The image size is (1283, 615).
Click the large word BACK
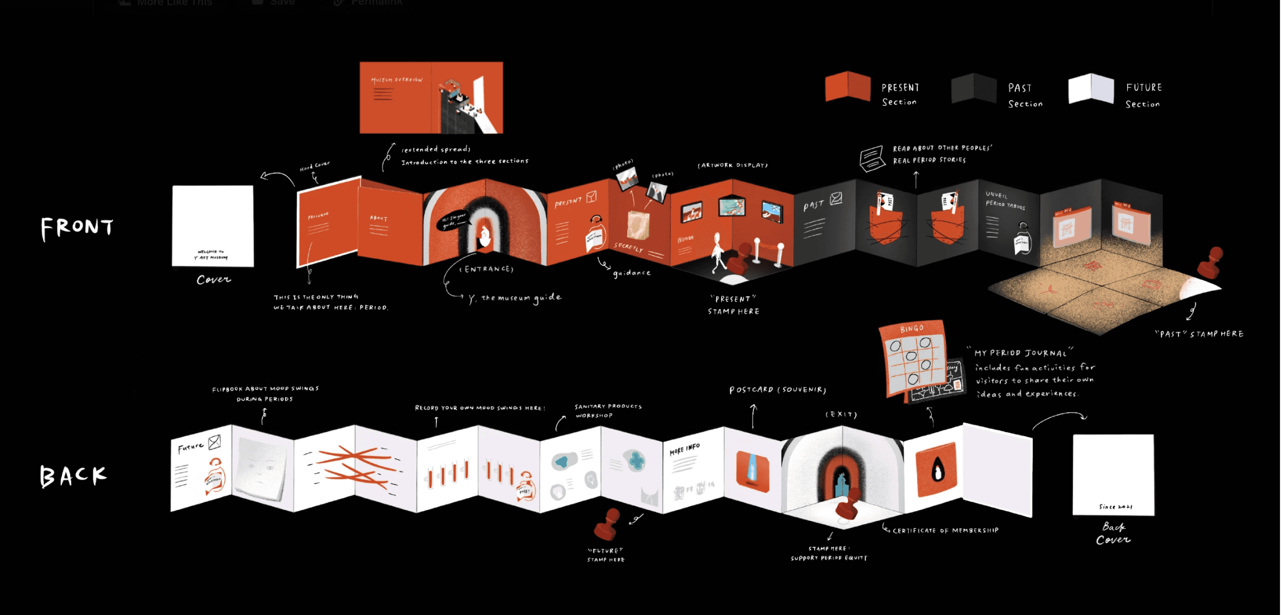click(73, 476)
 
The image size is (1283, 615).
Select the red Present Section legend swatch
click(847, 87)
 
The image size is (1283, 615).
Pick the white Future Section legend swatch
click(1091, 88)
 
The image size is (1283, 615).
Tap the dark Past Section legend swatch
click(973, 88)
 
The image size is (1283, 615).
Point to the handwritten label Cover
click(214, 279)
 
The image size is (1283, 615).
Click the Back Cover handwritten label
click(1113, 533)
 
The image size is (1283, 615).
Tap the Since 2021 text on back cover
click(1115, 506)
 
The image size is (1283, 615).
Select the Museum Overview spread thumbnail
click(431, 98)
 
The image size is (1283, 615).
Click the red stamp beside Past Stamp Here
click(1210, 263)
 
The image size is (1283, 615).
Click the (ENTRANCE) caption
click(486, 269)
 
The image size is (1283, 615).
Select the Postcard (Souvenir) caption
click(778, 390)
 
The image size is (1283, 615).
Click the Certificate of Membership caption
click(945, 530)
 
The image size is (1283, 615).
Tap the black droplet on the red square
click(937, 470)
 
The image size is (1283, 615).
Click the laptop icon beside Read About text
click(872, 159)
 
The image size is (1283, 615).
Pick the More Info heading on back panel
click(685, 449)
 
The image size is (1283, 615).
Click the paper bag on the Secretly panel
click(638, 225)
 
